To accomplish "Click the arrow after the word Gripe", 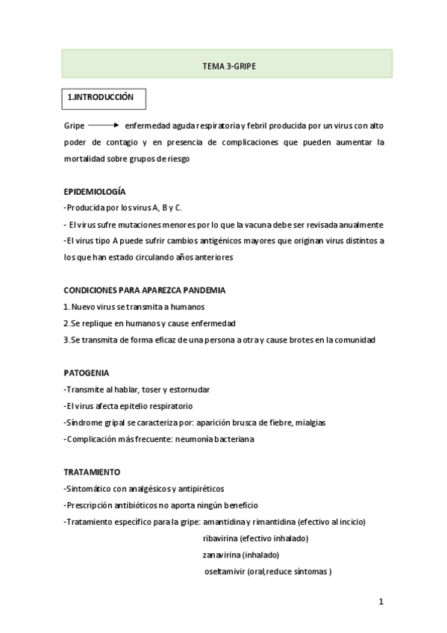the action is (104, 125).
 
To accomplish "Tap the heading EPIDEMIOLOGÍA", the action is (95, 192).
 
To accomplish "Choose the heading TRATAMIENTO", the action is (93, 472).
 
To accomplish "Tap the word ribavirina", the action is (222, 538).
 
